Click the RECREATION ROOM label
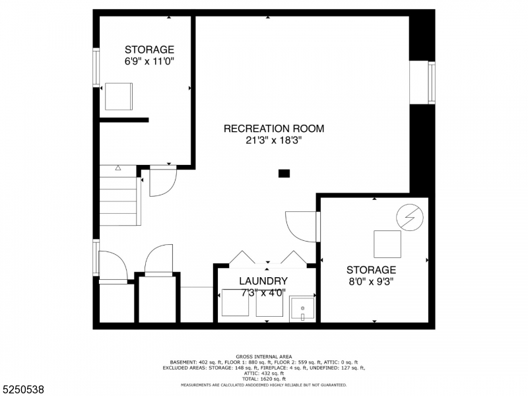pos(274,129)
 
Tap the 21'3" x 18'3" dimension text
pos(274,140)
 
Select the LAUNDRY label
pos(263,281)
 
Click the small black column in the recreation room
pos(284,174)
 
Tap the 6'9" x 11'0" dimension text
pos(149,61)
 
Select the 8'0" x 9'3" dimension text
pos(372,281)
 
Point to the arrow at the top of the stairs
pos(118,168)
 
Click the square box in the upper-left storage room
pos(119,96)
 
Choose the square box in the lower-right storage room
pos(387,244)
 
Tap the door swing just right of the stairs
pos(162,183)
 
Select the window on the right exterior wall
pos(432,82)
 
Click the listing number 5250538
pos(24,389)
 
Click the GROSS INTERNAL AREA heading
pos(263,356)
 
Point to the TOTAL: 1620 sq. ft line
pos(263,378)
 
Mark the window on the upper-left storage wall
pos(96,67)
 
